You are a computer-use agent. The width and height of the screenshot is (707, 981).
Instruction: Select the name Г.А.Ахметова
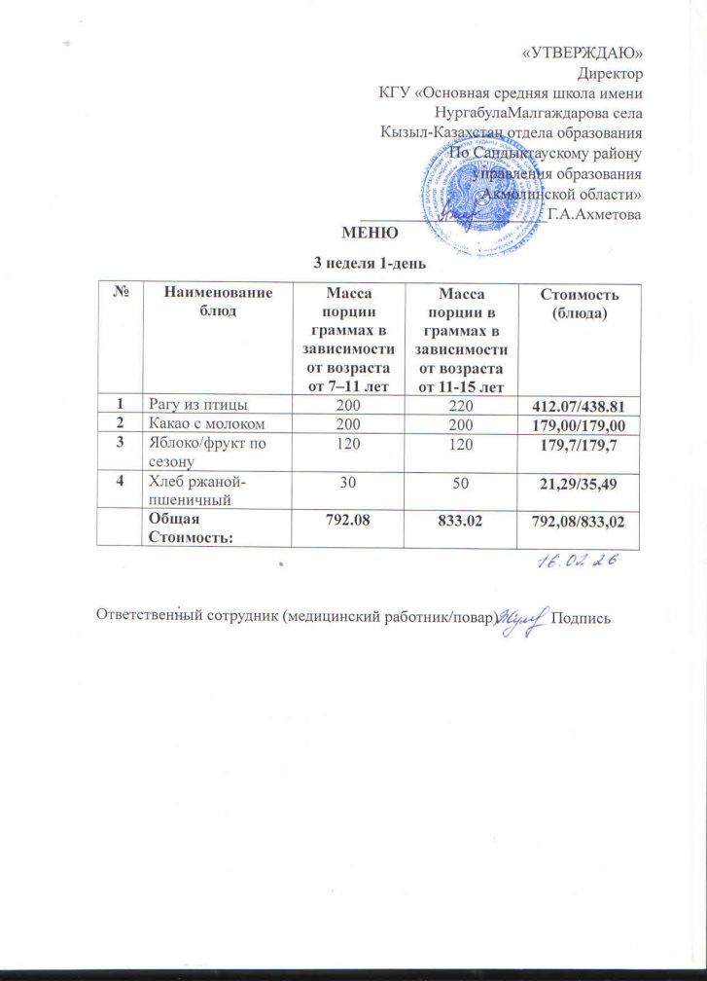click(x=594, y=213)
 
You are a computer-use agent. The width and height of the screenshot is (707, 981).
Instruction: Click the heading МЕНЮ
click(x=369, y=233)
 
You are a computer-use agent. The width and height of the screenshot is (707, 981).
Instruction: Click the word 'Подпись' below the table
click(x=581, y=620)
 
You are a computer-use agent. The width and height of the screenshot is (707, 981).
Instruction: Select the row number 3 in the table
click(x=122, y=441)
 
